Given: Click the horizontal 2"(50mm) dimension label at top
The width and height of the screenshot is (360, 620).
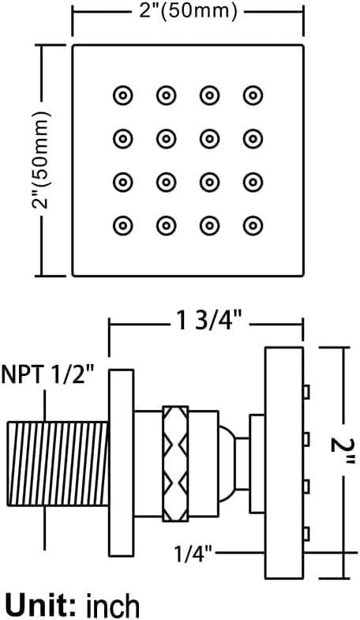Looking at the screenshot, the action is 187,11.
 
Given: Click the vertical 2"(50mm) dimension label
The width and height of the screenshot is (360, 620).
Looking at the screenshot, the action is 42,160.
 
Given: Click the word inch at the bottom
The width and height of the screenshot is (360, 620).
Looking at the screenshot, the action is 113,604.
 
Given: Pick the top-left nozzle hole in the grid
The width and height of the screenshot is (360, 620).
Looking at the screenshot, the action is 123,96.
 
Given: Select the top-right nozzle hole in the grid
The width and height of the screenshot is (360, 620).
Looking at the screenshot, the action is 253,96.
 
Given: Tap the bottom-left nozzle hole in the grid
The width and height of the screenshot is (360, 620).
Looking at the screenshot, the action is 123,226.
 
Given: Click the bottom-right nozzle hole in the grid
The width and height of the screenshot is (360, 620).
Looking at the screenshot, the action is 253,226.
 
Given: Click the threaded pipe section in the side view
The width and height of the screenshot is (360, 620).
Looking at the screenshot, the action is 58,464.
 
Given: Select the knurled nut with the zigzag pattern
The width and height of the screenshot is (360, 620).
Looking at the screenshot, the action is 175,464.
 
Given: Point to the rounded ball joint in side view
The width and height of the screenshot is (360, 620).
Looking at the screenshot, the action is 227,464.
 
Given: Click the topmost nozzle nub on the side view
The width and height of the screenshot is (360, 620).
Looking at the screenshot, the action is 306,392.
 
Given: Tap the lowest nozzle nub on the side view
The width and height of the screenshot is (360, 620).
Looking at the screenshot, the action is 306,534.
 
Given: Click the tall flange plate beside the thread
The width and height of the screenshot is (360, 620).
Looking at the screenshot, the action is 122,464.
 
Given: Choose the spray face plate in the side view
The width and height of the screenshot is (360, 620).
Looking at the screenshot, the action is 284,463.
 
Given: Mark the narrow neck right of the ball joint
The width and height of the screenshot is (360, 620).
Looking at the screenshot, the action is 242,464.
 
